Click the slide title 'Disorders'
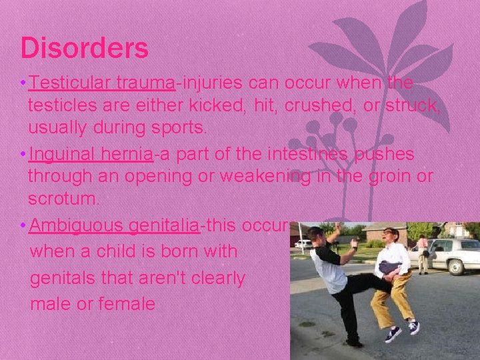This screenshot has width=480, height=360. coord(84,49)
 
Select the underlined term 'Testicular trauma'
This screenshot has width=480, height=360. coord(102,83)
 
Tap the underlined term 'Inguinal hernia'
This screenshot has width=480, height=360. coord(91,155)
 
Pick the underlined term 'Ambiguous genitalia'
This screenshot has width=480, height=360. coord(115,226)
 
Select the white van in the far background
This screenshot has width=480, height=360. coord(303,243)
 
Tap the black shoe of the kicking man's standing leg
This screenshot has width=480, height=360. coord(353,342)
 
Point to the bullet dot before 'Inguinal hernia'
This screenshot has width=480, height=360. coord(23,155)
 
